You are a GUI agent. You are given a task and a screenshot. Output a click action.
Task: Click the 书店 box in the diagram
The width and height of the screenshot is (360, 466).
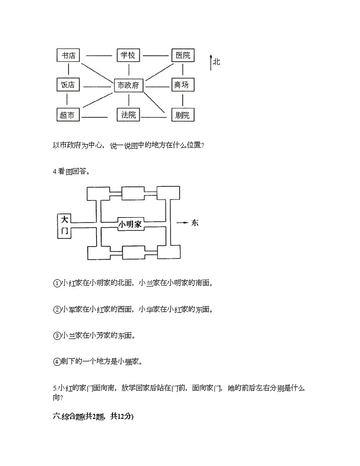(68, 55)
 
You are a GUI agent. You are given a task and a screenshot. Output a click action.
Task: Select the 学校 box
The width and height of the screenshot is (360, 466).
(128, 55)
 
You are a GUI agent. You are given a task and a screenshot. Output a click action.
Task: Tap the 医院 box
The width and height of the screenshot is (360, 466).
(182, 55)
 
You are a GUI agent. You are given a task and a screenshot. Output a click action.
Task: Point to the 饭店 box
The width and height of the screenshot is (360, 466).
(68, 85)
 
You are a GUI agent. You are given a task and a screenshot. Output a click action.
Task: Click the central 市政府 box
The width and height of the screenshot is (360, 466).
(128, 85)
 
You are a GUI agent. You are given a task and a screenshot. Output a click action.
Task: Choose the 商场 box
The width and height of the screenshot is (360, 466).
(182, 85)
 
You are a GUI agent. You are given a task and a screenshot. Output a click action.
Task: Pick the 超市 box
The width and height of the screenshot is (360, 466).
(67, 115)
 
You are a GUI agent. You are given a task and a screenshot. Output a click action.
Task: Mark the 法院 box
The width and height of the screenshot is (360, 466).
(129, 115)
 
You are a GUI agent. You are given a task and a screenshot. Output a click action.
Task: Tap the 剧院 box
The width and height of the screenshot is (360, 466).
(182, 115)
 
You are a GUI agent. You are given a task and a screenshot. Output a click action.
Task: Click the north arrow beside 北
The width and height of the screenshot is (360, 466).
(211, 63)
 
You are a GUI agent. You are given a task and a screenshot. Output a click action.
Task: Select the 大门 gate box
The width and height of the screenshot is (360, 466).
(64, 225)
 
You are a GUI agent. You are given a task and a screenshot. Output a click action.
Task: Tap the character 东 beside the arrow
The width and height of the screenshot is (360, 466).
(195, 223)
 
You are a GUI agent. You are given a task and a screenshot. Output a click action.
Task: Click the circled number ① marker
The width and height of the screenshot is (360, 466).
(57, 283)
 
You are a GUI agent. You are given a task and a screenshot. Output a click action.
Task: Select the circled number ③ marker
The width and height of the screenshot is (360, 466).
(57, 336)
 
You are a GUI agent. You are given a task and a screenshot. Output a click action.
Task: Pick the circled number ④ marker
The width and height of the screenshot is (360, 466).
(57, 362)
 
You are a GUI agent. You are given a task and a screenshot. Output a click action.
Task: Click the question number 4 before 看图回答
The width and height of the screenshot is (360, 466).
(54, 171)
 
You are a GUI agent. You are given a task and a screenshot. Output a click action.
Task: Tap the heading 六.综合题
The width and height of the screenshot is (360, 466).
(93, 417)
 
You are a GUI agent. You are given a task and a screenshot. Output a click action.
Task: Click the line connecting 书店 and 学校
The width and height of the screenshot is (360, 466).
(99, 56)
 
